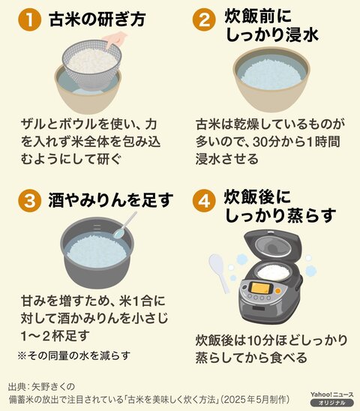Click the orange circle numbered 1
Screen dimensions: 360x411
[x=30, y=19]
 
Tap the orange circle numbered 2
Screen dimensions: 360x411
[x=204, y=19]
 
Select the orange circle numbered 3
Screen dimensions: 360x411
[x=30, y=200]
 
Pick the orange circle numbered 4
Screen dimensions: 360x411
[x=204, y=200]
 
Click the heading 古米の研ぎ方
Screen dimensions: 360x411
[x=97, y=19]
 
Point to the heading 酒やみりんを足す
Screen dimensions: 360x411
[x=111, y=200]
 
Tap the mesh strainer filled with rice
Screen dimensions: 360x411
[x=91, y=64]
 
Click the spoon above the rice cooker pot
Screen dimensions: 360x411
[x=124, y=226]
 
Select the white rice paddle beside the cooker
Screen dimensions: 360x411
[x=219, y=271]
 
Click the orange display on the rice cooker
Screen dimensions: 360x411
[x=261, y=288]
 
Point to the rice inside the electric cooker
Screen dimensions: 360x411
[x=274, y=271]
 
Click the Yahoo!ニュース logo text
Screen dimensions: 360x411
[x=332, y=394]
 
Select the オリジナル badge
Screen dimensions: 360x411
[x=332, y=403]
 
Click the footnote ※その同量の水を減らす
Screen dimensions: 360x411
[x=74, y=355]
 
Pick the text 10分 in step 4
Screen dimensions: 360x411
[x=259, y=340]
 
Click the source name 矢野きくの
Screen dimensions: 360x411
[x=53, y=386]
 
